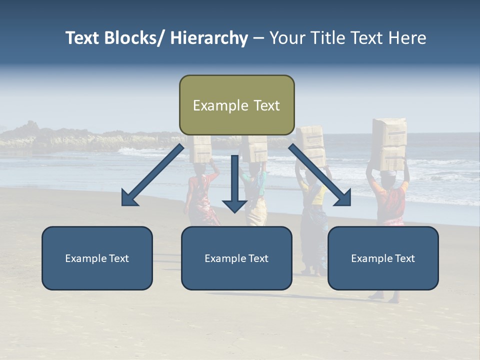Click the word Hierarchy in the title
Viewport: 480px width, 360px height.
209,38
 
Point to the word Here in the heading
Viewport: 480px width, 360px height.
406,38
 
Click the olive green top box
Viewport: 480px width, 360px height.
236,105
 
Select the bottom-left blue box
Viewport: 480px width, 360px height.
97,258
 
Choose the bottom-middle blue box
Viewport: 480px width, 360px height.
236,258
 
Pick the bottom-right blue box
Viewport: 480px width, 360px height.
383,258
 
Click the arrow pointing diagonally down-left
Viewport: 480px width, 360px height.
152,175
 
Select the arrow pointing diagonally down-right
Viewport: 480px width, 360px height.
320,175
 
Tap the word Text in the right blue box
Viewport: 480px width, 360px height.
404,258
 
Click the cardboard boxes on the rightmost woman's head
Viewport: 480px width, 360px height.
389,143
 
